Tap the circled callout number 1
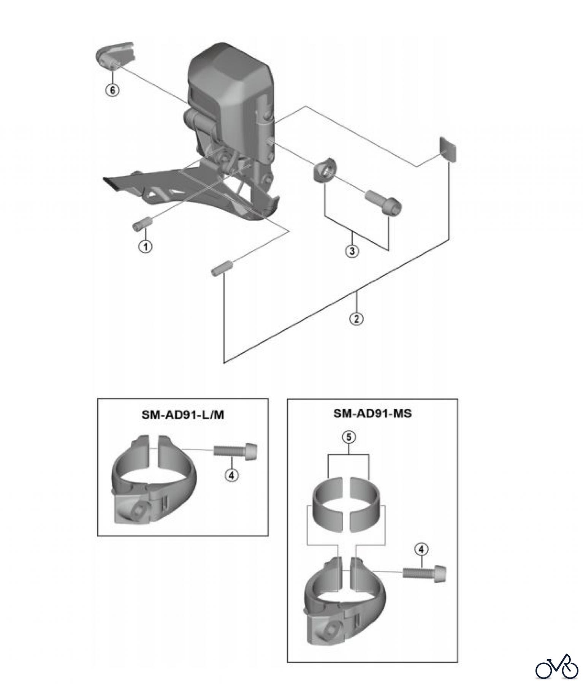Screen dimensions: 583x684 click(x=145, y=246)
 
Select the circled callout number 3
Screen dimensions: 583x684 click(x=352, y=251)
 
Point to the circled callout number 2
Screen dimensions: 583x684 click(x=356, y=318)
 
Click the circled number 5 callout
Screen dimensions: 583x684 click(x=349, y=437)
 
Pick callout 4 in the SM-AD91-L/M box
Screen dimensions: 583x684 click(x=232, y=475)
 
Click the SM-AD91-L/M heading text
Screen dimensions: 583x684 click(x=183, y=415)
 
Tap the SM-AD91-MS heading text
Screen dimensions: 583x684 click(x=372, y=413)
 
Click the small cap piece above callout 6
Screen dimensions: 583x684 click(x=115, y=55)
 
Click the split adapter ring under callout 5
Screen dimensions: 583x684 click(x=349, y=501)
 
